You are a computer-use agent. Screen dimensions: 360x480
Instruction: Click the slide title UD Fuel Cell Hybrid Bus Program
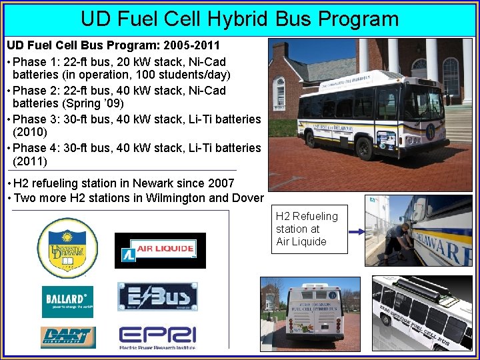coord(239,18)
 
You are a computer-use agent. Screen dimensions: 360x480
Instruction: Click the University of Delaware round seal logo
coord(67,248)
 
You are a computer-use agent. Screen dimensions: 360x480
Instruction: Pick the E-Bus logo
coord(157,296)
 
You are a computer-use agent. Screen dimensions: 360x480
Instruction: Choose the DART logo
coord(67,337)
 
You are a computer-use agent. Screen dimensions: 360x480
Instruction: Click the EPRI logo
coord(157,337)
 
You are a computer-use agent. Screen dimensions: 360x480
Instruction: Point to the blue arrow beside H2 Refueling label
coord(357,232)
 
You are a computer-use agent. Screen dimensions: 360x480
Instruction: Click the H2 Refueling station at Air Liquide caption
coord(307,229)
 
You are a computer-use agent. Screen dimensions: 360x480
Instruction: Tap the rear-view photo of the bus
coord(310,313)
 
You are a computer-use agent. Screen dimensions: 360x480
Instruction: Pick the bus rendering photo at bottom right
coord(421,313)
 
